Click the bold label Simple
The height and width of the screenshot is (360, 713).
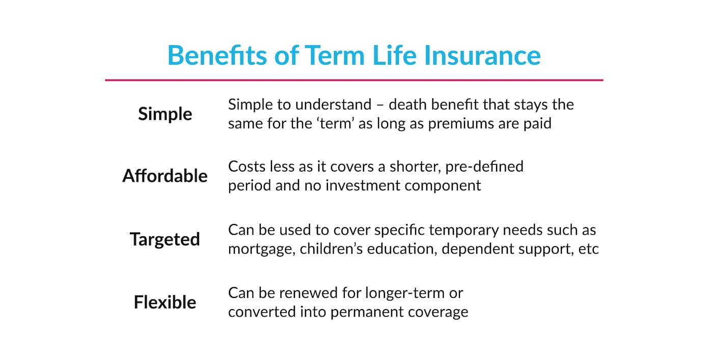pyautogui.click(x=165, y=114)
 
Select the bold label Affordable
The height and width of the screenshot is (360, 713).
pyautogui.click(x=165, y=176)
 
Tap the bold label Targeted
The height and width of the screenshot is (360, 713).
pyautogui.click(x=165, y=239)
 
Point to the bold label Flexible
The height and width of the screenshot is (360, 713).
pyautogui.click(x=165, y=302)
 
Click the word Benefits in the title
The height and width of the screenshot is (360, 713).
pyautogui.click(x=217, y=56)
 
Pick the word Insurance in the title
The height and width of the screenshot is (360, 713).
pyautogui.click(x=482, y=56)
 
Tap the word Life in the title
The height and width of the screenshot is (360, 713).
pyautogui.click(x=394, y=56)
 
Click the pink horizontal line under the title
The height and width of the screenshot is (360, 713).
pyautogui.click(x=354, y=80)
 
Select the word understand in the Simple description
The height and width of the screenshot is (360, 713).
pyautogui.click(x=333, y=105)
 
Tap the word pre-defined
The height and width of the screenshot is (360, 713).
pyautogui.click(x=484, y=167)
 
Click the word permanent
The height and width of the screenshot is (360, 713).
pyautogui.click(x=367, y=312)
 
